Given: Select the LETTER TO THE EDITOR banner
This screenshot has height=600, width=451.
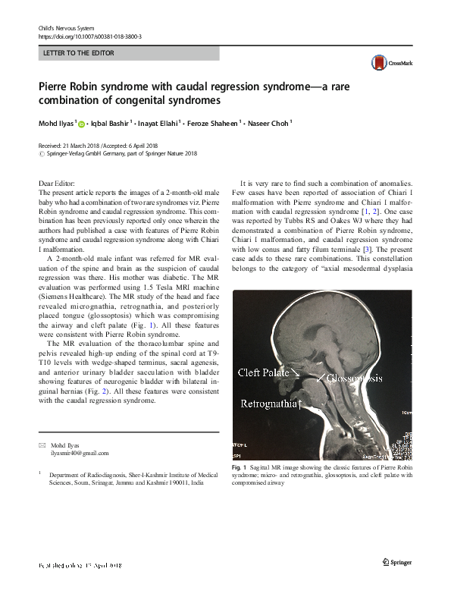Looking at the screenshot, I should point(128,54).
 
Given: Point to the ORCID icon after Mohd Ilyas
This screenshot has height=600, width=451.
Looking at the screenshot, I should point(81,122).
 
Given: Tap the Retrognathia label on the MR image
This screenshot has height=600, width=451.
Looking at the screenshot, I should point(271,404).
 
